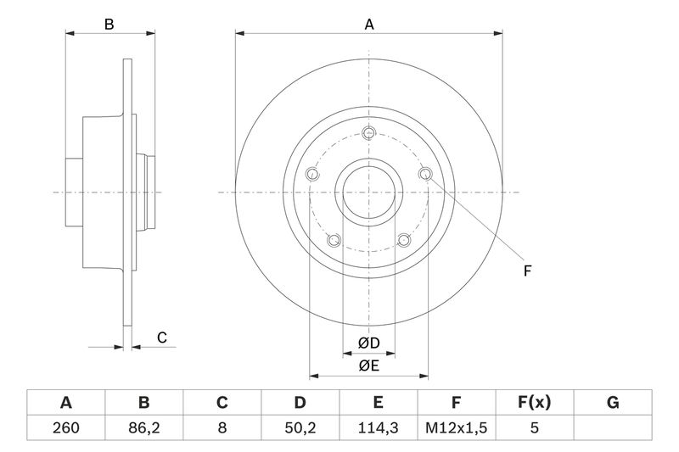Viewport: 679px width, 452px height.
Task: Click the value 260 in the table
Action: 66,428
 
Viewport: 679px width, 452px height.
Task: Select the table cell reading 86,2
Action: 144,428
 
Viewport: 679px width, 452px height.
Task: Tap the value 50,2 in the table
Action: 300,428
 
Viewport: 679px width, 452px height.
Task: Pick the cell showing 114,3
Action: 379,428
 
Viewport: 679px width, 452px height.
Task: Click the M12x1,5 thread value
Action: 456,428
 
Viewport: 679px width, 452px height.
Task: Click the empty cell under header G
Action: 612,428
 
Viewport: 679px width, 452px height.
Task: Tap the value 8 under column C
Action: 222,428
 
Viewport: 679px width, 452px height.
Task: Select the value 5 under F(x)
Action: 534,428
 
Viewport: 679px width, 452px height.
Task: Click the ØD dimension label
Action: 368,343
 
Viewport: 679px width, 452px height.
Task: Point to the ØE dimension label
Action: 368,366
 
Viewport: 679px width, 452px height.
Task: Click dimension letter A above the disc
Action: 369,25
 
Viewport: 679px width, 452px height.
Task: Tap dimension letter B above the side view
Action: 109,25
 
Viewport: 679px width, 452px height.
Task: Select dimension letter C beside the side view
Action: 161,338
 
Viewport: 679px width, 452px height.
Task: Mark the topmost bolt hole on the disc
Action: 368,133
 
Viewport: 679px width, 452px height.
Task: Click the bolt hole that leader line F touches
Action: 425,175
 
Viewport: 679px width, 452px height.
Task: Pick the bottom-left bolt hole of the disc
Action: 334,240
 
